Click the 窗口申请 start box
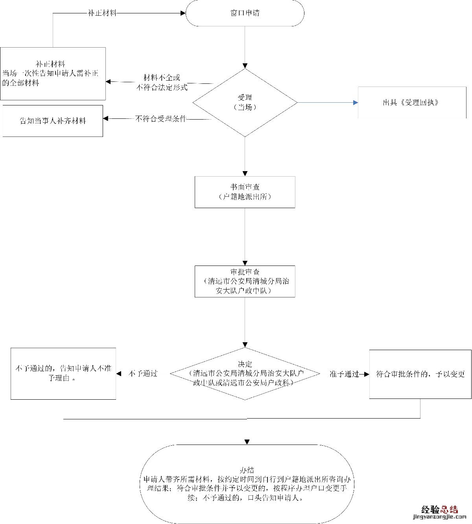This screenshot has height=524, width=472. coord(245,13)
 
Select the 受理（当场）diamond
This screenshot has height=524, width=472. coord(245,103)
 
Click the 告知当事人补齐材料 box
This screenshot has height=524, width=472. coord(53,121)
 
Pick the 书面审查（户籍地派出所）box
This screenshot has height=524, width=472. coord(245,192)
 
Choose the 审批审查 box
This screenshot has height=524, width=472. coord(245,281)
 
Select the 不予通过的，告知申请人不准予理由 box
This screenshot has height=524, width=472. coord(63,374)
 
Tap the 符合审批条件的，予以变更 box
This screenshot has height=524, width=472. coord(420,374)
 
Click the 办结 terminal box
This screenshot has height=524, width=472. coord(247,484)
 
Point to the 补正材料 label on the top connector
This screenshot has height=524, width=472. coord(102,13)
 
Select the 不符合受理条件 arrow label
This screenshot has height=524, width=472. coord(160,118)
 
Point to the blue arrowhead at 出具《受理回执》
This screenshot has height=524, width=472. coord(356,103)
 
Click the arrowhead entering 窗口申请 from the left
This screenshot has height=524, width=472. coord(183,13)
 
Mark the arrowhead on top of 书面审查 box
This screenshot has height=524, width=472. coord(245,173)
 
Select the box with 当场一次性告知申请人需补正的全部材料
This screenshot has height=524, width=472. coord(53,74)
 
